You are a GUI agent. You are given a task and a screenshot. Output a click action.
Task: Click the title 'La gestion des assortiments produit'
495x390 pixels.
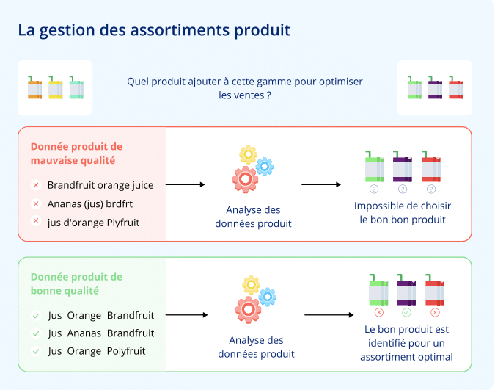tap(154, 30)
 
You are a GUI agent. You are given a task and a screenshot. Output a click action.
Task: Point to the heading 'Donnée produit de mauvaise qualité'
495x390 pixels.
tap(76, 154)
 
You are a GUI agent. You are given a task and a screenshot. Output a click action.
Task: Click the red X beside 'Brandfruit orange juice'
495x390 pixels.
tap(35, 186)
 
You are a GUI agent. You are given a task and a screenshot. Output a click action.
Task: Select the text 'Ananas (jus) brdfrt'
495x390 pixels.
tap(89, 203)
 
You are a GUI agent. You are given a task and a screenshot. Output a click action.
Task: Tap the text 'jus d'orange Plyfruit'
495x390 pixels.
tap(93, 222)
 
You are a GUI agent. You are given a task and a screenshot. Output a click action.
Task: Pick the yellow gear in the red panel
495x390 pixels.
tap(249, 154)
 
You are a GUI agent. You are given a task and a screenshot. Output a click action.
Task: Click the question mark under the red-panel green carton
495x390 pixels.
tap(374, 189)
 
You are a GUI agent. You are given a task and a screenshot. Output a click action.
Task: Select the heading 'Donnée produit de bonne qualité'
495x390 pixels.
tap(76, 284)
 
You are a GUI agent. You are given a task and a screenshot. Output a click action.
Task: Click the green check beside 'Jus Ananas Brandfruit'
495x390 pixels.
tap(35, 333)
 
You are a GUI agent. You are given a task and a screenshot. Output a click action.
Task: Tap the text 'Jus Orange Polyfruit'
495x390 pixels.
tap(97, 351)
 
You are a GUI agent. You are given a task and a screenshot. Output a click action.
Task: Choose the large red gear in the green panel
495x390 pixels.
tap(248, 309)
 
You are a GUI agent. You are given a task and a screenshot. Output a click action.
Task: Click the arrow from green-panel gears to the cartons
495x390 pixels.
tap(329, 315)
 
